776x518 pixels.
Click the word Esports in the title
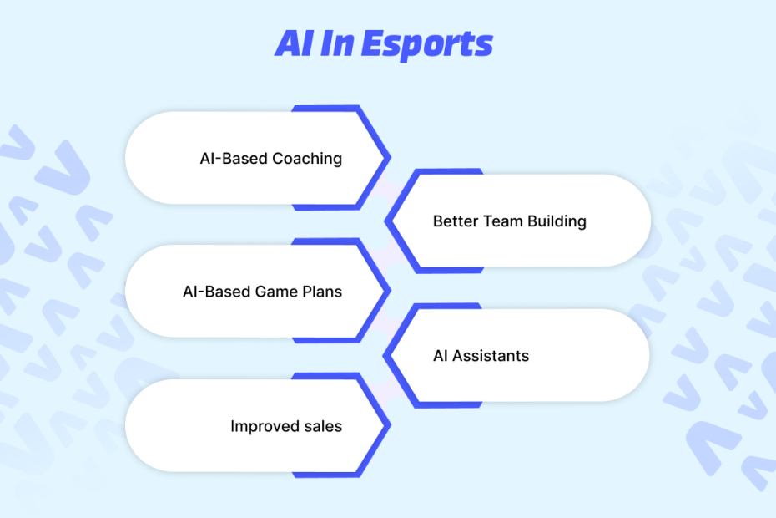click(427, 44)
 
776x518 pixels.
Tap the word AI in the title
click(295, 43)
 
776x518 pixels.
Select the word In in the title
click(337, 43)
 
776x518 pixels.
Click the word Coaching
click(307, 159)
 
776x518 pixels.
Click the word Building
click(557, 221)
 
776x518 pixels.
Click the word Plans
click(322, 292)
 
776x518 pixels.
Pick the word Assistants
click(491, 356)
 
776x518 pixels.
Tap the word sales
click(323, 426)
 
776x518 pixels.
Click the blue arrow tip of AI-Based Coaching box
click(389, 158)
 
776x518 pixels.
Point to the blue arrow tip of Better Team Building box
click(387, 221)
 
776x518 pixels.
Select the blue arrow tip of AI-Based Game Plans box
click(389, 291)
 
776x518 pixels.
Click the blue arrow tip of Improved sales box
click(389, 424)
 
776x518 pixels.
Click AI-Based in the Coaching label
click(234, 159)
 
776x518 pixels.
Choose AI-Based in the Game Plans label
click(217, 292)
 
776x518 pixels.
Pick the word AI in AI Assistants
click(441, 356)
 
